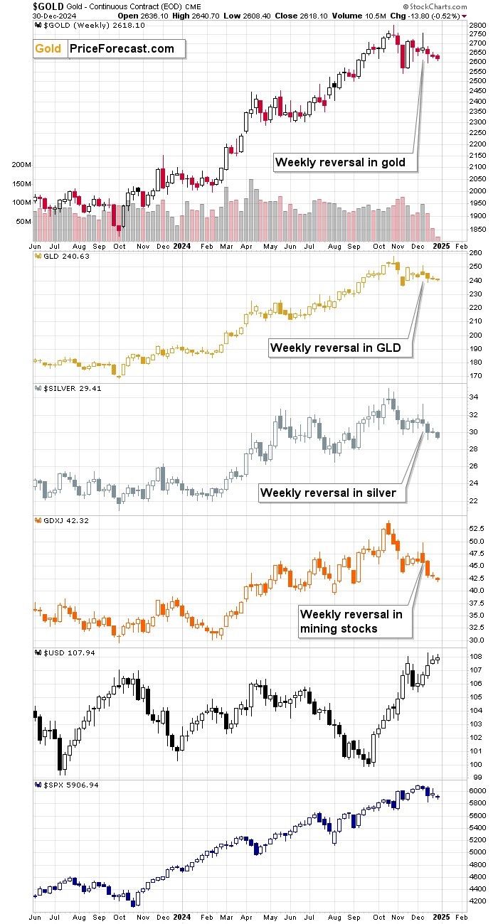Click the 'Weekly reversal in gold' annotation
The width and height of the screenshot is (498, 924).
coord(341,162)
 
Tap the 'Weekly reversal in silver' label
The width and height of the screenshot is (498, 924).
coord(328,492)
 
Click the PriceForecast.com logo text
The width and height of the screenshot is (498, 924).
coord(122,48)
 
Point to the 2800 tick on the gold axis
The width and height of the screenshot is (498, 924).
coord(478,25)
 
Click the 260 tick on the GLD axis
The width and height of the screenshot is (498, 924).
coord(476,253)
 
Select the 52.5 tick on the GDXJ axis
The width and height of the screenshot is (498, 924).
coord(477,529)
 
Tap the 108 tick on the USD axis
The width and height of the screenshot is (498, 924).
coord(476,657)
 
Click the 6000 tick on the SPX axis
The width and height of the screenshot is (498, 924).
coord(478,790)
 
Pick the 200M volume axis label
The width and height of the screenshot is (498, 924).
coord(21,164)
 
